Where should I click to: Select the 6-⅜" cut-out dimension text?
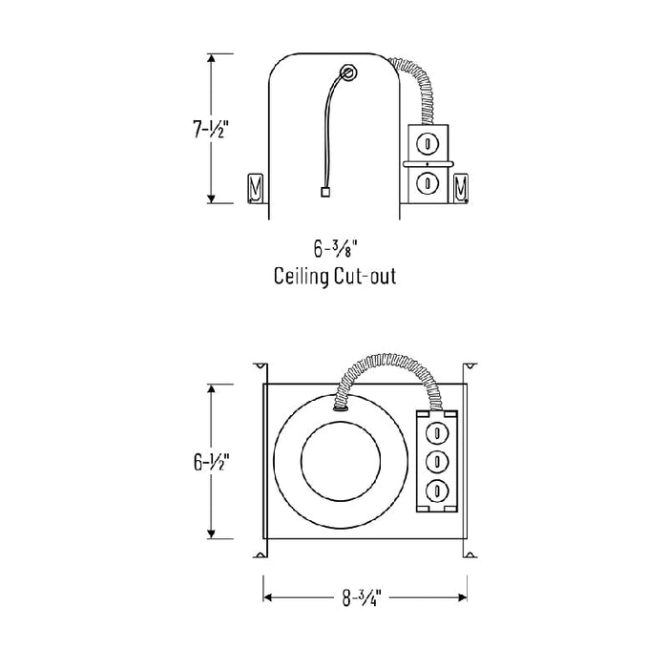pyautogui.click(x=334, y=249)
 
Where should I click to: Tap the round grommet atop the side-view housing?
pyautogui.click(x=349, y=73)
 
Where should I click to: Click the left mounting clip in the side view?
pyautogui.click(x=255, y=188)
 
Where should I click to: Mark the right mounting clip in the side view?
pyautogui.click(x=462, y=188)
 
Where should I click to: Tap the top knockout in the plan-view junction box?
pyautogui.click(x=438, y=430)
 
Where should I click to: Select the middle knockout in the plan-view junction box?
pyautogui.click(x=438, y=461)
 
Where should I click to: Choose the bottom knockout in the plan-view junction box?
pyautogui.click(x=438, y=491)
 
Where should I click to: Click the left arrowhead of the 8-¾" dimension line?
pyautogui.click(x=268, y=598)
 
